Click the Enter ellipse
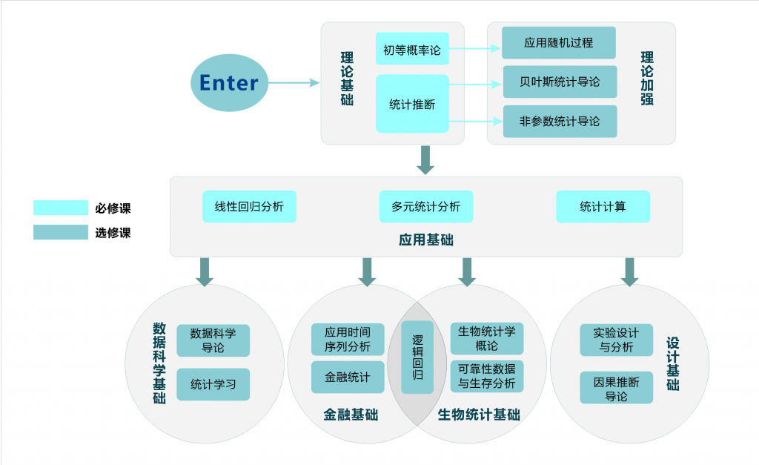(229, 82)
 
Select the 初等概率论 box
(412, 50)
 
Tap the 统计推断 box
(412, 104)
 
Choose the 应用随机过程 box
(559, 43)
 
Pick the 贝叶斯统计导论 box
(560, 82)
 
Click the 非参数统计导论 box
(560, 121)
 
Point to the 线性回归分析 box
(249, 207)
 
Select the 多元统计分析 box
(425, 207)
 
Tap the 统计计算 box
(603, 207)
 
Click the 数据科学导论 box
(213, 340)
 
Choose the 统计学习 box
(213, 384)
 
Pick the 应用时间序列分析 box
(347, 339)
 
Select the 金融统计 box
(347, 377)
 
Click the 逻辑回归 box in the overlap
(417, 357)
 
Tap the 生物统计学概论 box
(487, 338)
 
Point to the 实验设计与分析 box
(616, 340)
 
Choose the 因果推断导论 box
(616, 388)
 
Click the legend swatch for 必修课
(60, 208)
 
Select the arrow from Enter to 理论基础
(294, 83)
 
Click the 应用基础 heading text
(426, 240)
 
